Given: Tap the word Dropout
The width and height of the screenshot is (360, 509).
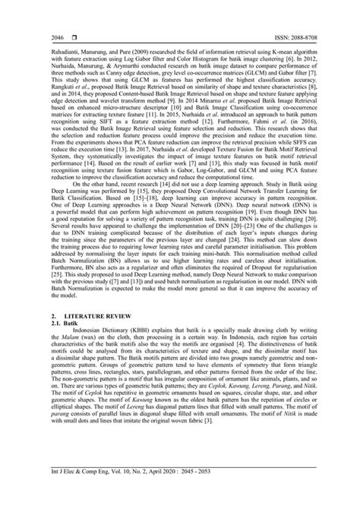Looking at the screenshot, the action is pos(246,268).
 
